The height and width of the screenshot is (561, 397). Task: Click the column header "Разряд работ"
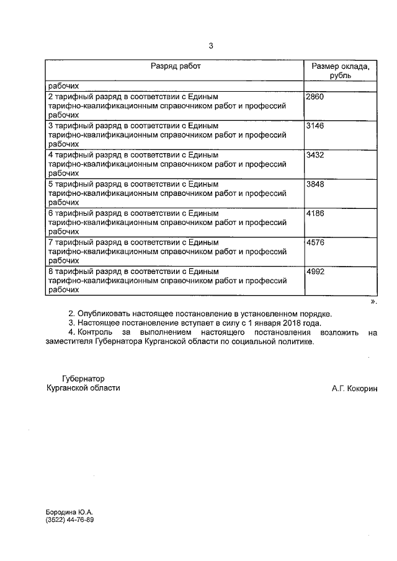(176, 66)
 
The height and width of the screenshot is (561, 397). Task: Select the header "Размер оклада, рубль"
(341, 70)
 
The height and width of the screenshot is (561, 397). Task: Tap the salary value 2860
(316, 97)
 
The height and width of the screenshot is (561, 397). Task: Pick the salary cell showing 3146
(316, 126)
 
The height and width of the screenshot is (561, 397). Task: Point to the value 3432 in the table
(316, 155)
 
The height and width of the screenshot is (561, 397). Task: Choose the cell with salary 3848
(316, 184)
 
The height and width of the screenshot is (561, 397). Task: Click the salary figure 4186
(316, 213)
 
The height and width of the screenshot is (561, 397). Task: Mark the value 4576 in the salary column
(316, 242)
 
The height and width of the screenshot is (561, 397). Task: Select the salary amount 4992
(316, 272)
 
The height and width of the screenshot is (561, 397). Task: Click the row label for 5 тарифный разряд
(133, 184)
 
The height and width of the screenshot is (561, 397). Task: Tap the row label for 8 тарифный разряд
(133, 272)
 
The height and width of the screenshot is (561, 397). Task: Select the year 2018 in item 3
(288, 323)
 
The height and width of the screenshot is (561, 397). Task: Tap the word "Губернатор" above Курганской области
(84, 378)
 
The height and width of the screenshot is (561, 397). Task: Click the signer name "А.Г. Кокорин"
(354, 388)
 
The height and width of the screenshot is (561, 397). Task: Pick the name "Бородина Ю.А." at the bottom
(69, 513)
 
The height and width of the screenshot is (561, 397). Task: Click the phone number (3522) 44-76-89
(69, 520)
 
